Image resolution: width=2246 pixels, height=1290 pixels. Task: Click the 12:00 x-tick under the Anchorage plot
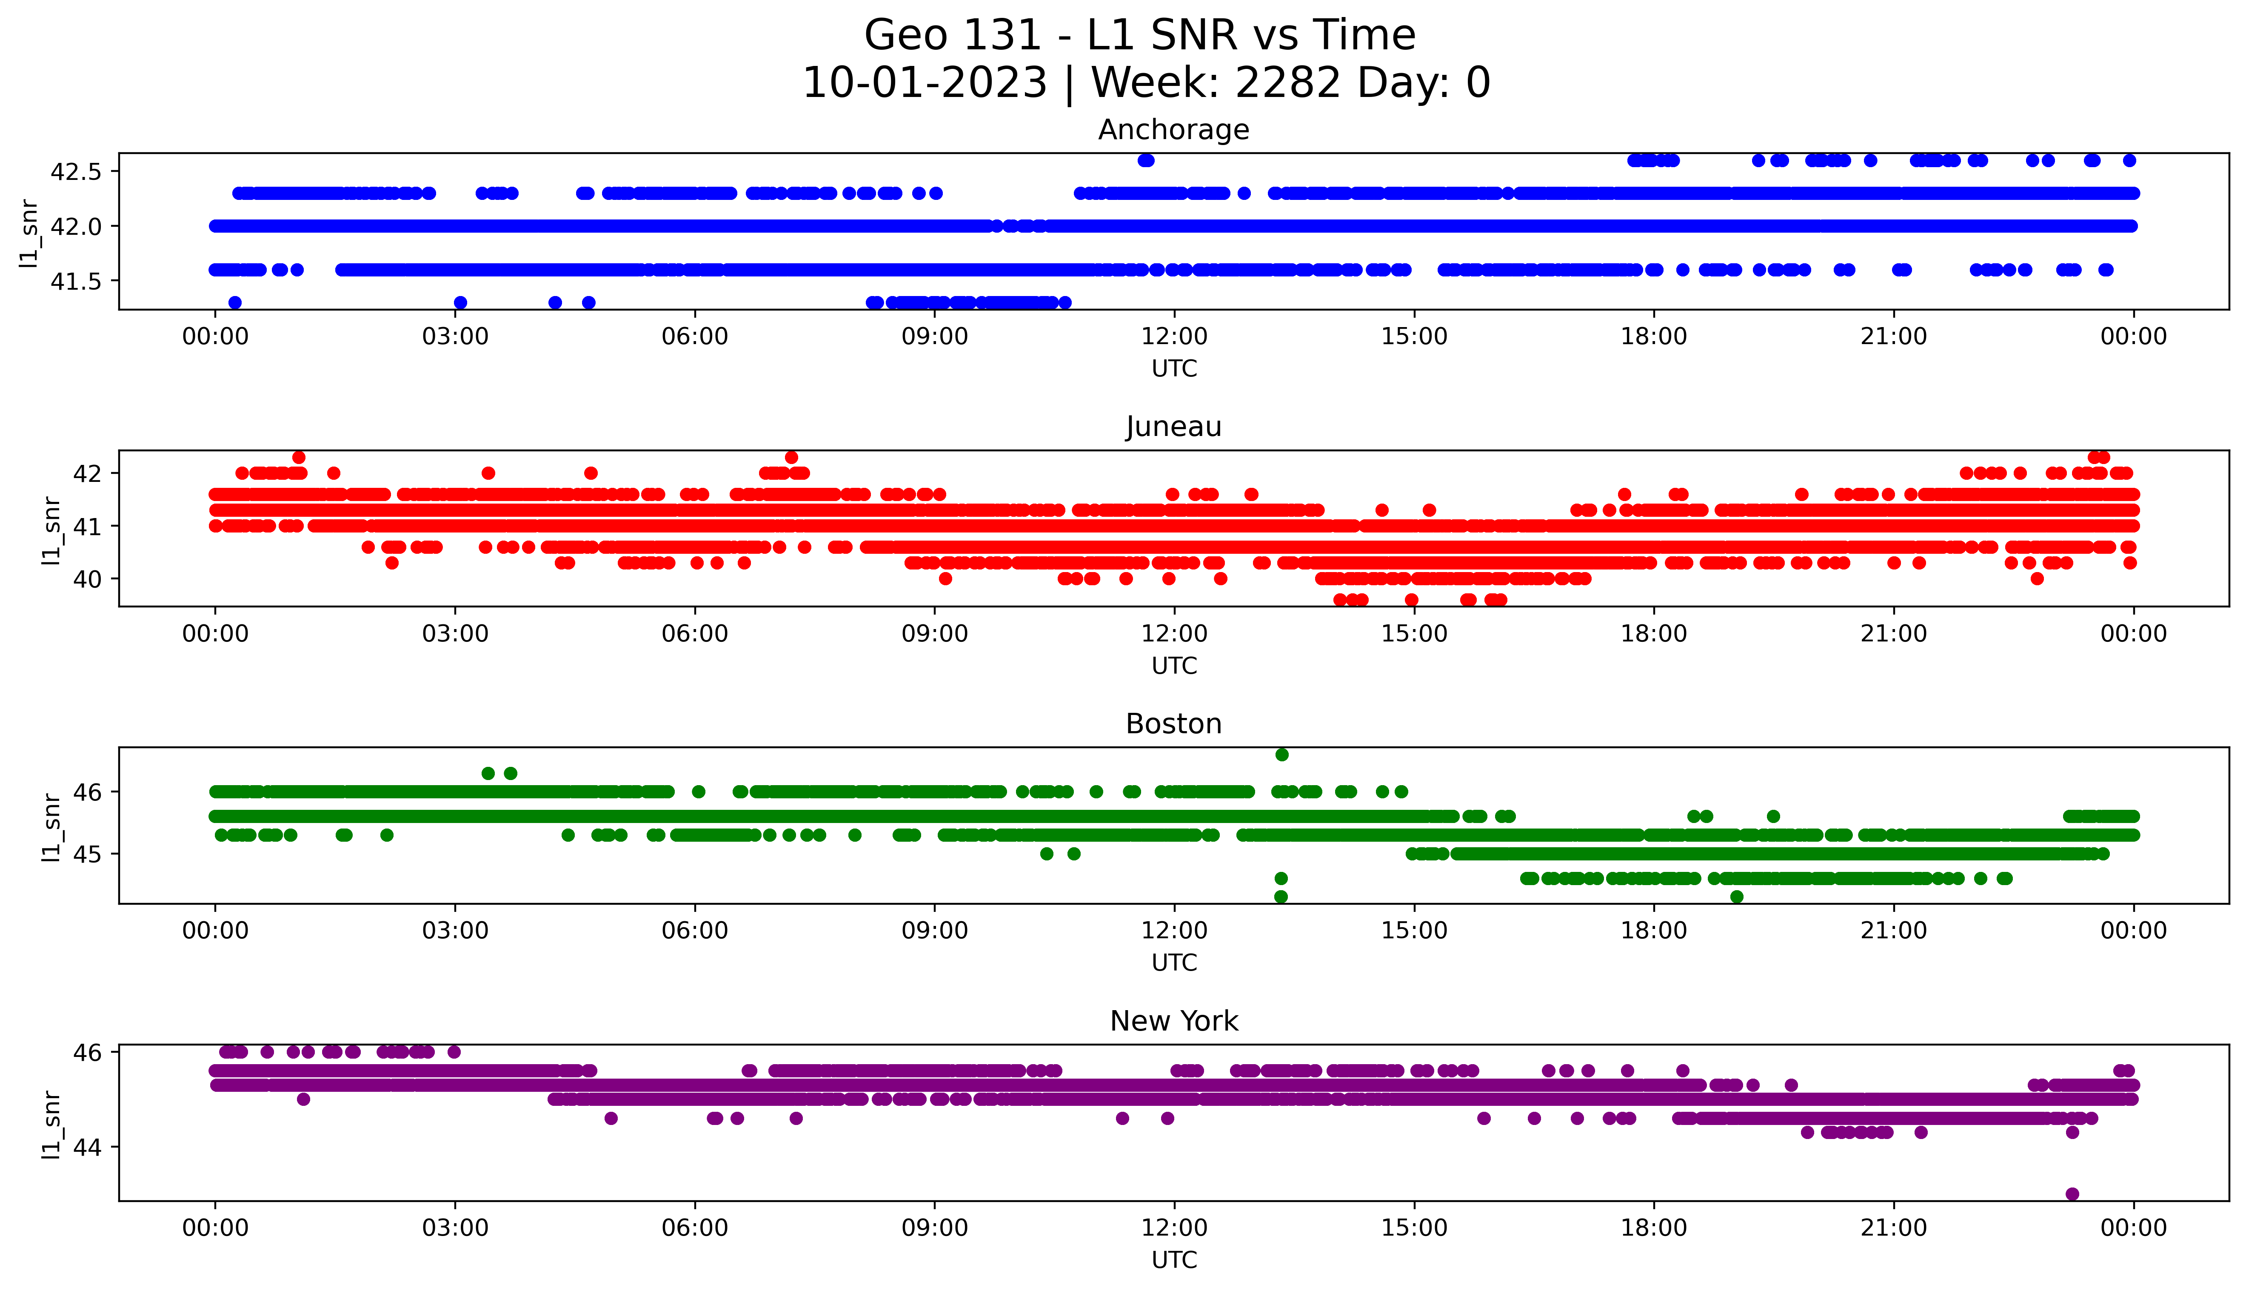(x=1174, y=337)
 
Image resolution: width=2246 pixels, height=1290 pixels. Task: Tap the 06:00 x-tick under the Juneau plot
(x=695, y=633)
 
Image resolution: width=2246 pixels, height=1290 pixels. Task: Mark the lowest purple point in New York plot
(x=2072, y=1193)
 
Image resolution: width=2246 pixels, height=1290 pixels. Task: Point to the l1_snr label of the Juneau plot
(x=51, y=530)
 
